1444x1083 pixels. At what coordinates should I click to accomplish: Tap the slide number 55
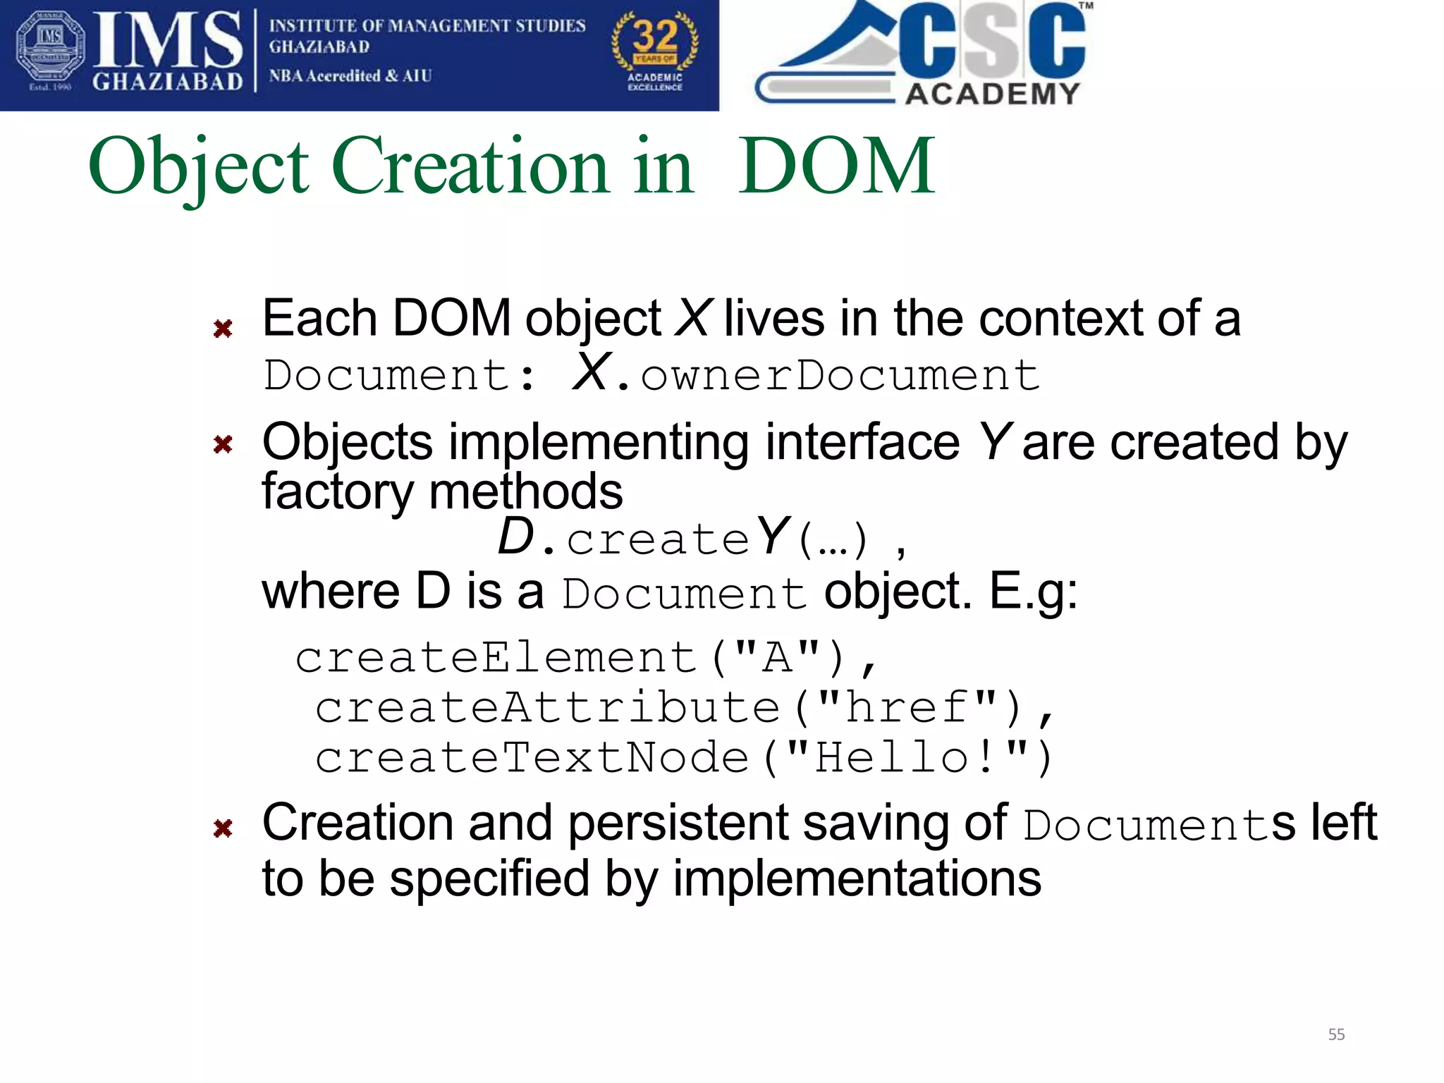1336,1034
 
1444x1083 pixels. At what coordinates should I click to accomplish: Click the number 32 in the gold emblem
655,35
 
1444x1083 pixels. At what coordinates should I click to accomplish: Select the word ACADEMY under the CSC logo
992,94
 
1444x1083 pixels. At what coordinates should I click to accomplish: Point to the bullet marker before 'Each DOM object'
223,329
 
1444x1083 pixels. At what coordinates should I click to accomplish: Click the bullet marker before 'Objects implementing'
223,444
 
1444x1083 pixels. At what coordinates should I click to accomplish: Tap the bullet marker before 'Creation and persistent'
223,828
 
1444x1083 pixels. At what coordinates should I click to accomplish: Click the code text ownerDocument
839,375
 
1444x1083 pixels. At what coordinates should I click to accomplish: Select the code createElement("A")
570,658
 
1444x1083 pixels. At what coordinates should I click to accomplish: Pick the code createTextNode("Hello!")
683,758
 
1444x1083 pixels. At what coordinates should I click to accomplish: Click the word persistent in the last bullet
677,823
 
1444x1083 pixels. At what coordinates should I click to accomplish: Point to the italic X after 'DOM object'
692,319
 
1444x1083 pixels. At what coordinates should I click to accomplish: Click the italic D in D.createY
515,538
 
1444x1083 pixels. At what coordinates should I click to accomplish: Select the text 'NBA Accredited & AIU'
350,76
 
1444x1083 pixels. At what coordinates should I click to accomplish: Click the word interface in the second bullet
862,443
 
